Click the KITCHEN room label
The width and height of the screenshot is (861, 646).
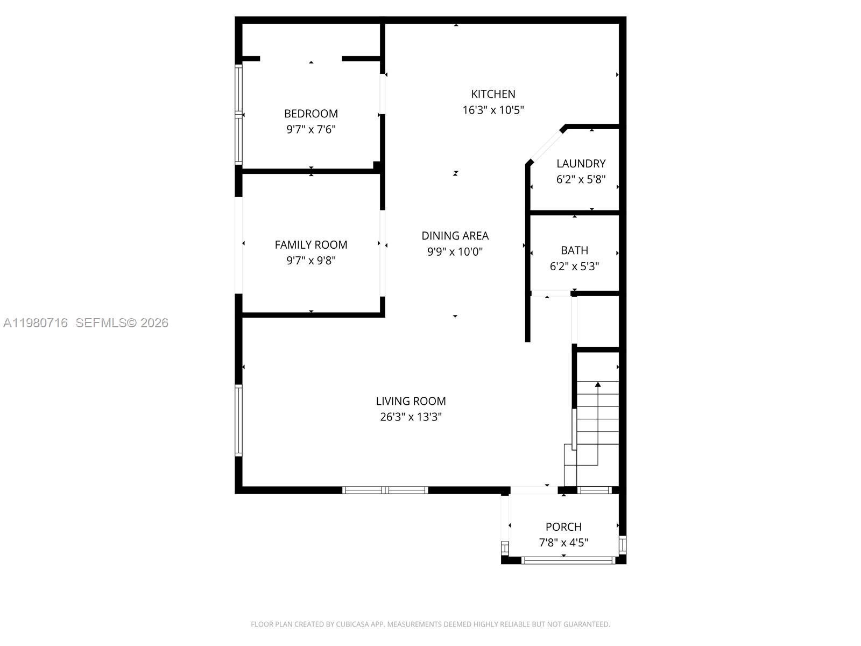pyautogui.click(x=493, y=94)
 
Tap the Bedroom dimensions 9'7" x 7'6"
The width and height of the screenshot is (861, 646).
pyautogui.click(x=311, y=130)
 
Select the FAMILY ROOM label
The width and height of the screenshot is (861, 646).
pyautogui.click(x=311, y=245)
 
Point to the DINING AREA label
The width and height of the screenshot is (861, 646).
pyautogui.click(x=455, y=236)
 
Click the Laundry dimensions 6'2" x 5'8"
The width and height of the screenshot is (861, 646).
pyautogui.click(x=581, y=179)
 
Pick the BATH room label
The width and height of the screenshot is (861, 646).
pyautogui.click(x=574, y=250)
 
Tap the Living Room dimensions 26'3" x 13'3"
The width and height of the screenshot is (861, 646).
pyautogui.click(x=411, y=417)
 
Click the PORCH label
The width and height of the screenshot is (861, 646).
pyautogui.click(x=563, y=527)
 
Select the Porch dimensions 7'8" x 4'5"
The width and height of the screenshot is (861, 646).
pyautogui.click(x=563, y=543)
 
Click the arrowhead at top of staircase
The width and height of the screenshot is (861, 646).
pyautogui.click(x=597, y=384)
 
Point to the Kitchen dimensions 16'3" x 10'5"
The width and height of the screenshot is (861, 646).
pyautogui.click(x=493, y=110)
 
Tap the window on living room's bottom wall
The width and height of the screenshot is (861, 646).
pyautogui.click(x=385, y=490)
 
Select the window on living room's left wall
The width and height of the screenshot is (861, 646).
pyautogui.click(x=238, y=420)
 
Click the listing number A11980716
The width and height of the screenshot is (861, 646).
pyautogui.click(x=36, y=323)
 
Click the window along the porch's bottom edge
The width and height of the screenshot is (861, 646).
pyautogui.click(x=568, y=560)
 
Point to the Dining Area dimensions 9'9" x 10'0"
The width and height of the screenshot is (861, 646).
pyautogui.click(x=455, y=252)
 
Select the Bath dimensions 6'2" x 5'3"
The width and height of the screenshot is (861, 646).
pyautogui.click(x=574, y=266)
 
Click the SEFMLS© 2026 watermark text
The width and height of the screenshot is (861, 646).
pyautogui.click(x=122, y=323)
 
